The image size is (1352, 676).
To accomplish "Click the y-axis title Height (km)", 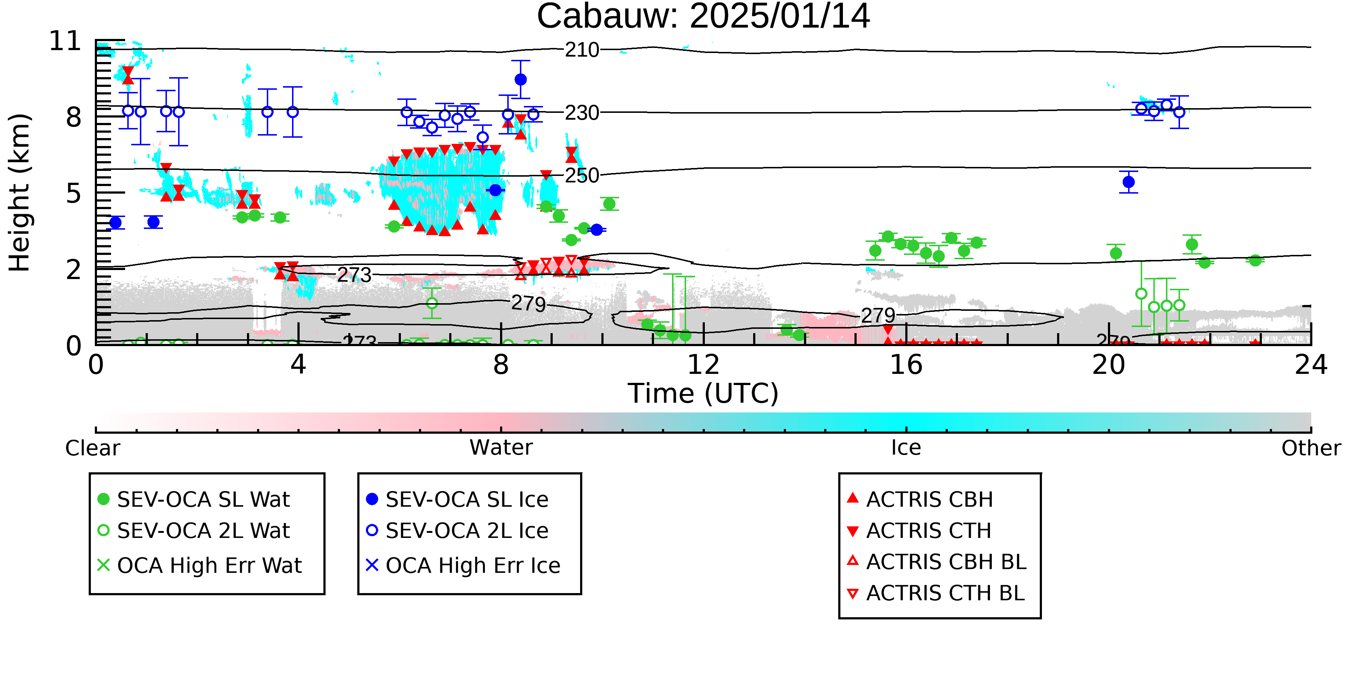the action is click(19, 193).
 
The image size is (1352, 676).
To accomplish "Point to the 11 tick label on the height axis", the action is click(66, 41).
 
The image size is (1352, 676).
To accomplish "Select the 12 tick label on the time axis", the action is click(703, 365).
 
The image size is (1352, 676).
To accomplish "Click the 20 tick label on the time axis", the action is click(1109, 365).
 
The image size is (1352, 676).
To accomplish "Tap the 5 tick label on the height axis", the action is click(74, 194).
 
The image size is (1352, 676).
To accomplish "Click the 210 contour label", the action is click(582, 50).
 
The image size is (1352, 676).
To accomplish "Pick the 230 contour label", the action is click(582, 113).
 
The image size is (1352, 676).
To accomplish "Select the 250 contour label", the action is click(582, 175).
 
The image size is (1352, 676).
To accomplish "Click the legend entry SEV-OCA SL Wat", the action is click(194, 499).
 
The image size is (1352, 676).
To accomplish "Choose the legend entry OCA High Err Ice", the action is click(463, 565).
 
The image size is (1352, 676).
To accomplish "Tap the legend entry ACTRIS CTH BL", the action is click(936, 593).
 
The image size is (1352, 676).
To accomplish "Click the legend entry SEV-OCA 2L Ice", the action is click(457, 531).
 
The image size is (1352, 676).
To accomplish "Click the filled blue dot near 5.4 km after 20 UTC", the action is click(1128, 182).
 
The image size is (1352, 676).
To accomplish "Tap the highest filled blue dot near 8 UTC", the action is click(521, 80).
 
